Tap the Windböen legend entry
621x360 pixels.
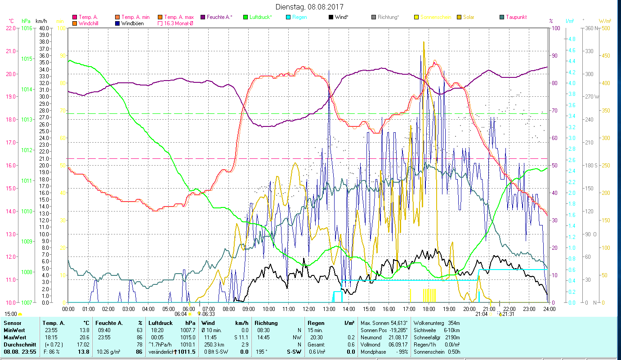coord(132,23)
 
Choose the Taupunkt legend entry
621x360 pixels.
coord(516,17)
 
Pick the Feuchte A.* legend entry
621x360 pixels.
coord(219,17)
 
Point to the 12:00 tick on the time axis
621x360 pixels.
coord(309,309)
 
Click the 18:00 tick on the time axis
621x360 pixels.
coord(429,309)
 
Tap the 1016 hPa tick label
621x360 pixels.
coord(27,28)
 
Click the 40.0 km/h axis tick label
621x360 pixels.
coord(44,28)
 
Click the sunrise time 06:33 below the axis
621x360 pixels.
coord(208,314)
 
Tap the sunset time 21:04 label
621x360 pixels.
coord(481,314)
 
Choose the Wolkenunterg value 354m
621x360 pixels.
coord(451,323)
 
